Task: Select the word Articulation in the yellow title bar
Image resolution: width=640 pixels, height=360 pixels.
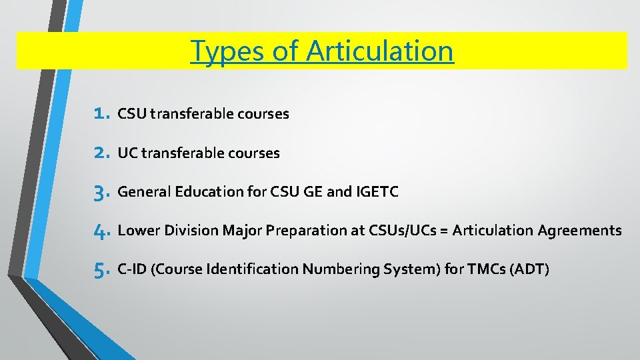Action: click(x=379, y=51)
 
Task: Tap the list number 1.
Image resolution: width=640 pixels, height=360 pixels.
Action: click(x=101, y=114)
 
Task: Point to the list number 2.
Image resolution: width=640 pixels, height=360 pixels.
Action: click(x=101, y=153)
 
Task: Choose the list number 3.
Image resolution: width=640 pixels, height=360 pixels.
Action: click(x=101, y=193)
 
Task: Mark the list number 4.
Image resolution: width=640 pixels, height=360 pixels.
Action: click(x=101, y=231)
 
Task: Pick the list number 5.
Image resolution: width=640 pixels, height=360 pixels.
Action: click(x=101, y=270)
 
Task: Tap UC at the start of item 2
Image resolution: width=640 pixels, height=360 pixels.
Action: click(x=127, y=153)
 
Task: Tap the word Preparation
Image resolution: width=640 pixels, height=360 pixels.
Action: click(x=303, y=231)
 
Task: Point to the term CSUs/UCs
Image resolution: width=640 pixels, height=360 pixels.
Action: click(x=398, y=231)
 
